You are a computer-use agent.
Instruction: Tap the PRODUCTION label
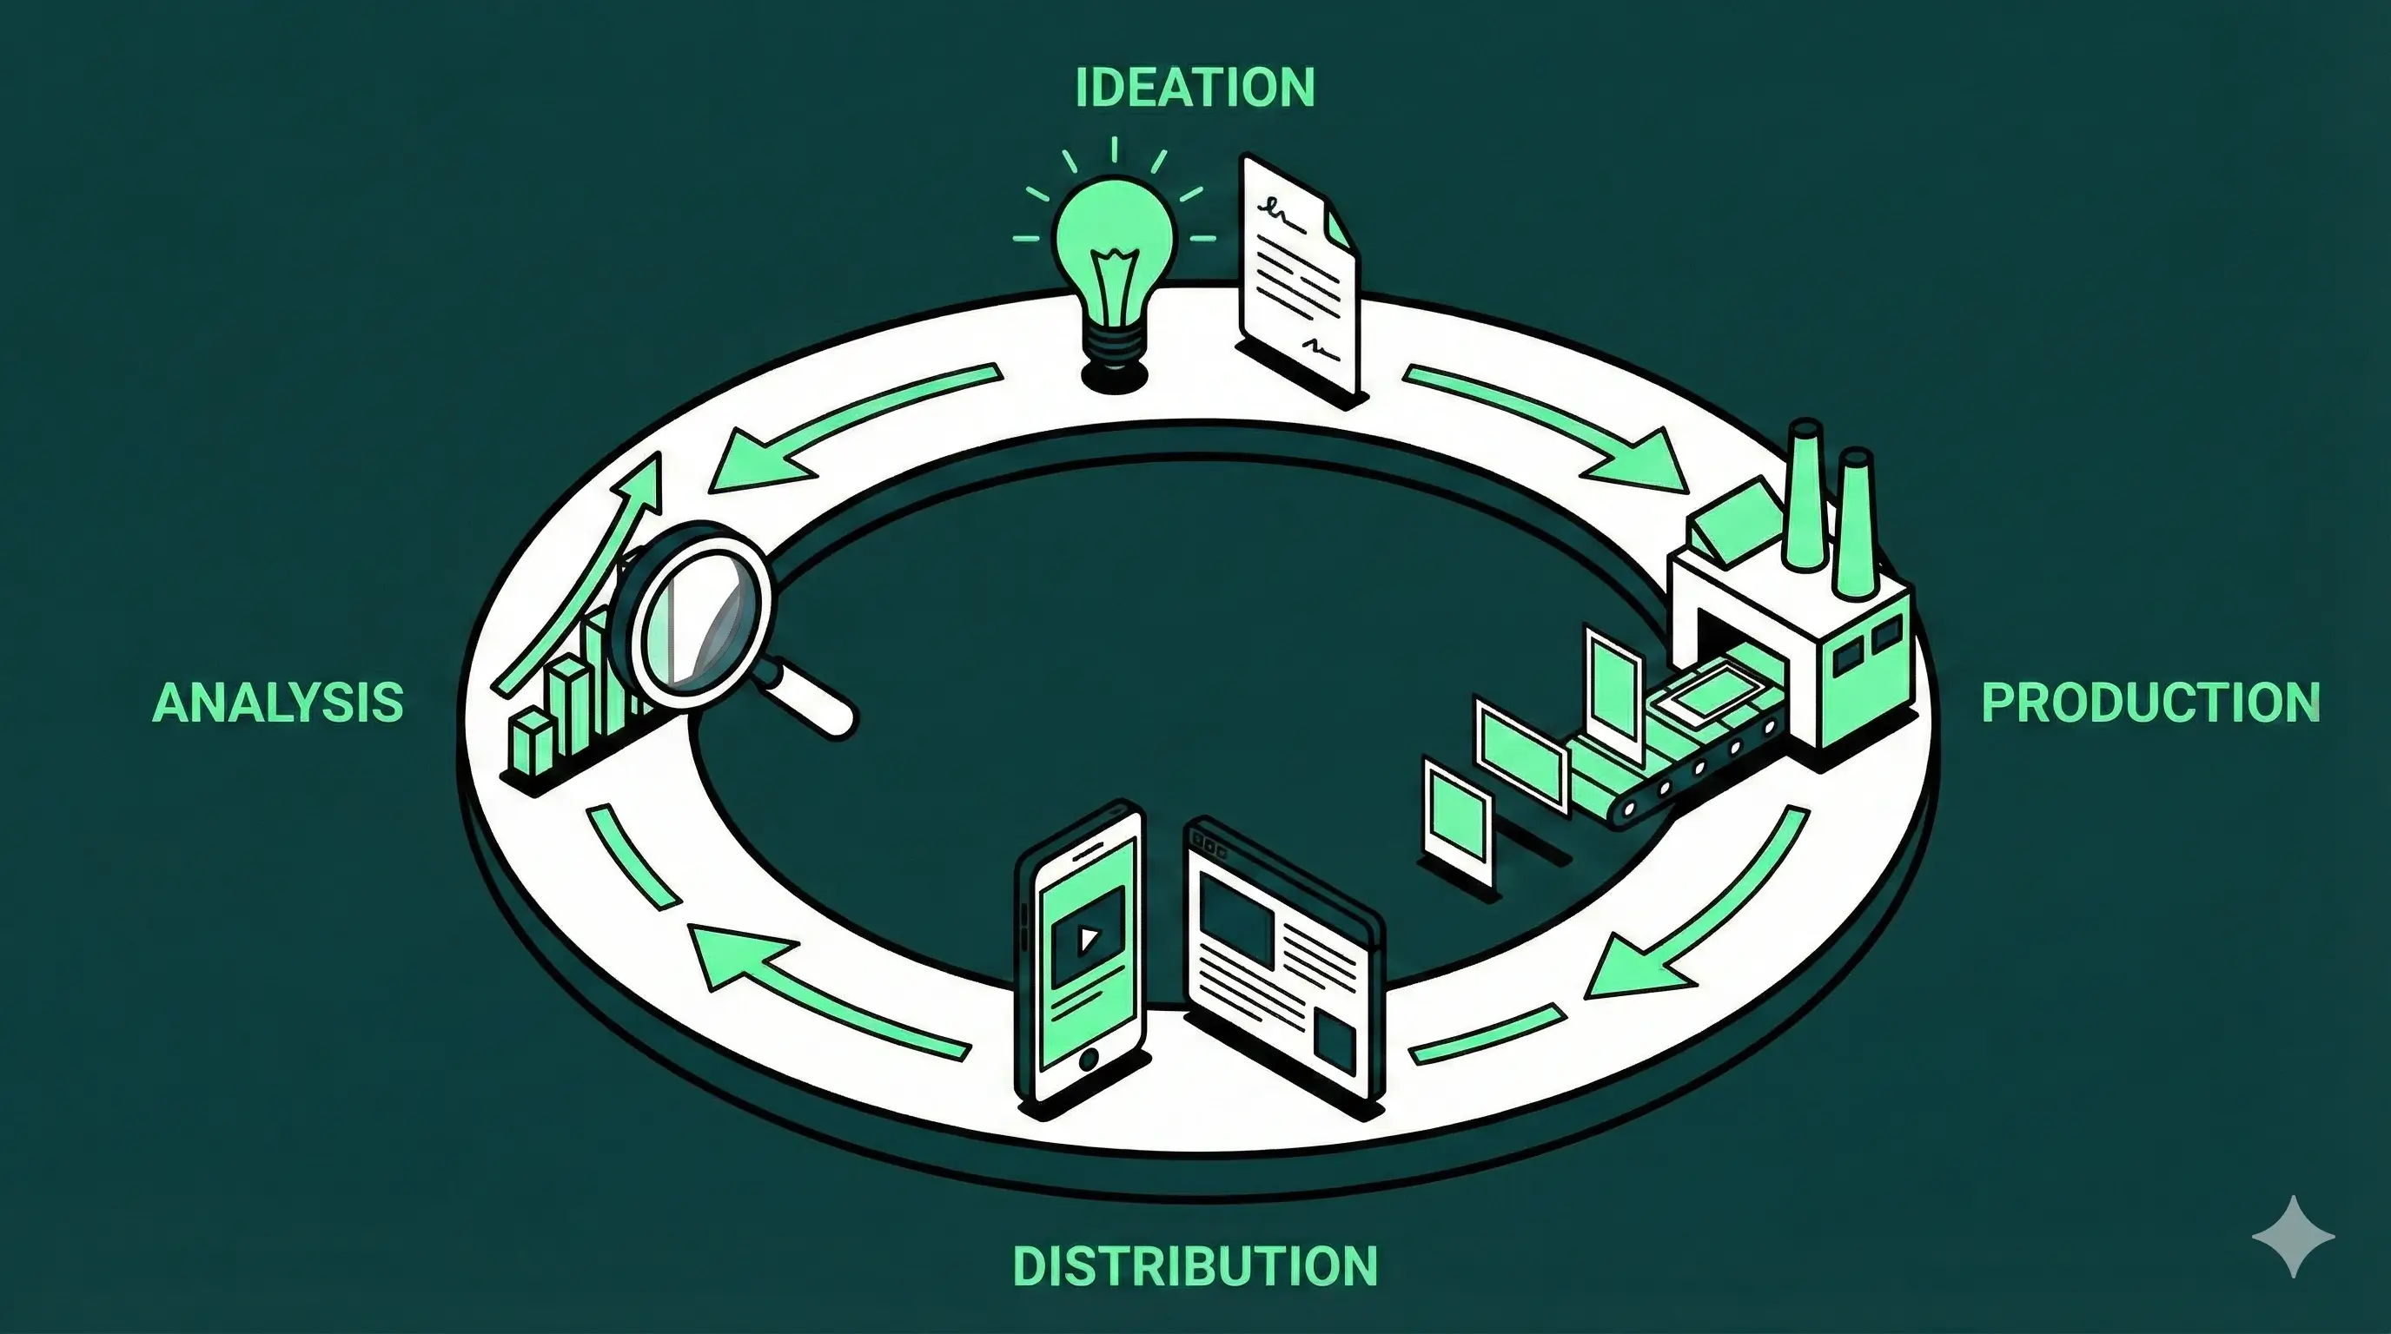2150,703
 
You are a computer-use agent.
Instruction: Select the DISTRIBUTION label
1195,1266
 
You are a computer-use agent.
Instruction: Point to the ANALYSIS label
277,703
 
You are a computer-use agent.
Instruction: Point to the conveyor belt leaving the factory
1671,761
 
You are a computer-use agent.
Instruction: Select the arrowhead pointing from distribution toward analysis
733,955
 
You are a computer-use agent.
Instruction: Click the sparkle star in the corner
2293,1237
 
